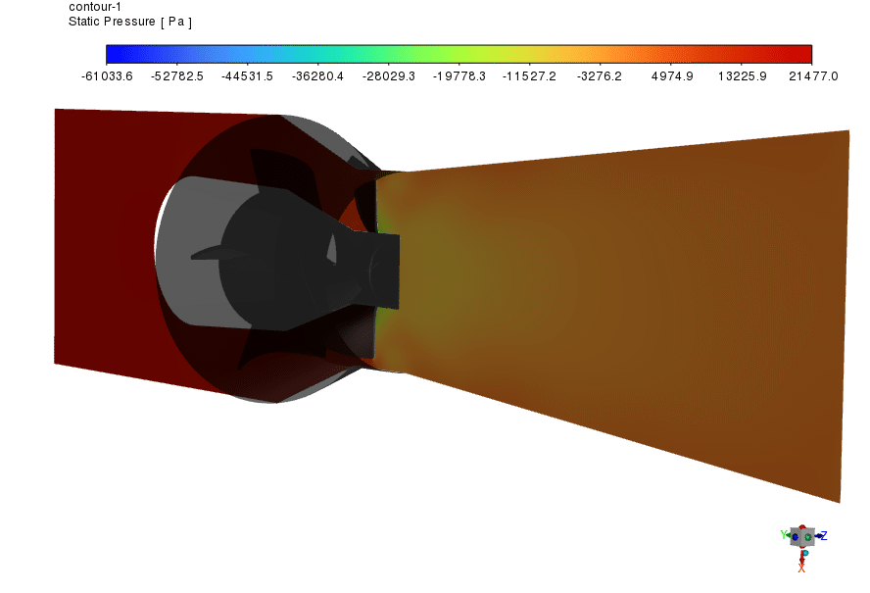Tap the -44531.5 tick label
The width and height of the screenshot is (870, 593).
pyautogui.click(x=248, y=75)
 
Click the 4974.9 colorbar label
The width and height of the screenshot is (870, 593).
pyautogui.click(x=672, y=75)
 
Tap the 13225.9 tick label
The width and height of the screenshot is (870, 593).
pyautogui.click(x=742, y=75)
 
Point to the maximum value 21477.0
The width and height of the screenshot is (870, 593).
pyautogui.click(x=812, y=75)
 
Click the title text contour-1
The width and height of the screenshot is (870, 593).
pyautogui.click(x=95, y=6)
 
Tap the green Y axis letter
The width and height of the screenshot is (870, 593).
pyautogui.click(x=785, y=535)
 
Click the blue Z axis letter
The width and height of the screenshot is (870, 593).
pyautogui.click(x=824, y=535)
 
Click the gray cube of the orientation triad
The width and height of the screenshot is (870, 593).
pyautogui.click(x=802, y=536)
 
